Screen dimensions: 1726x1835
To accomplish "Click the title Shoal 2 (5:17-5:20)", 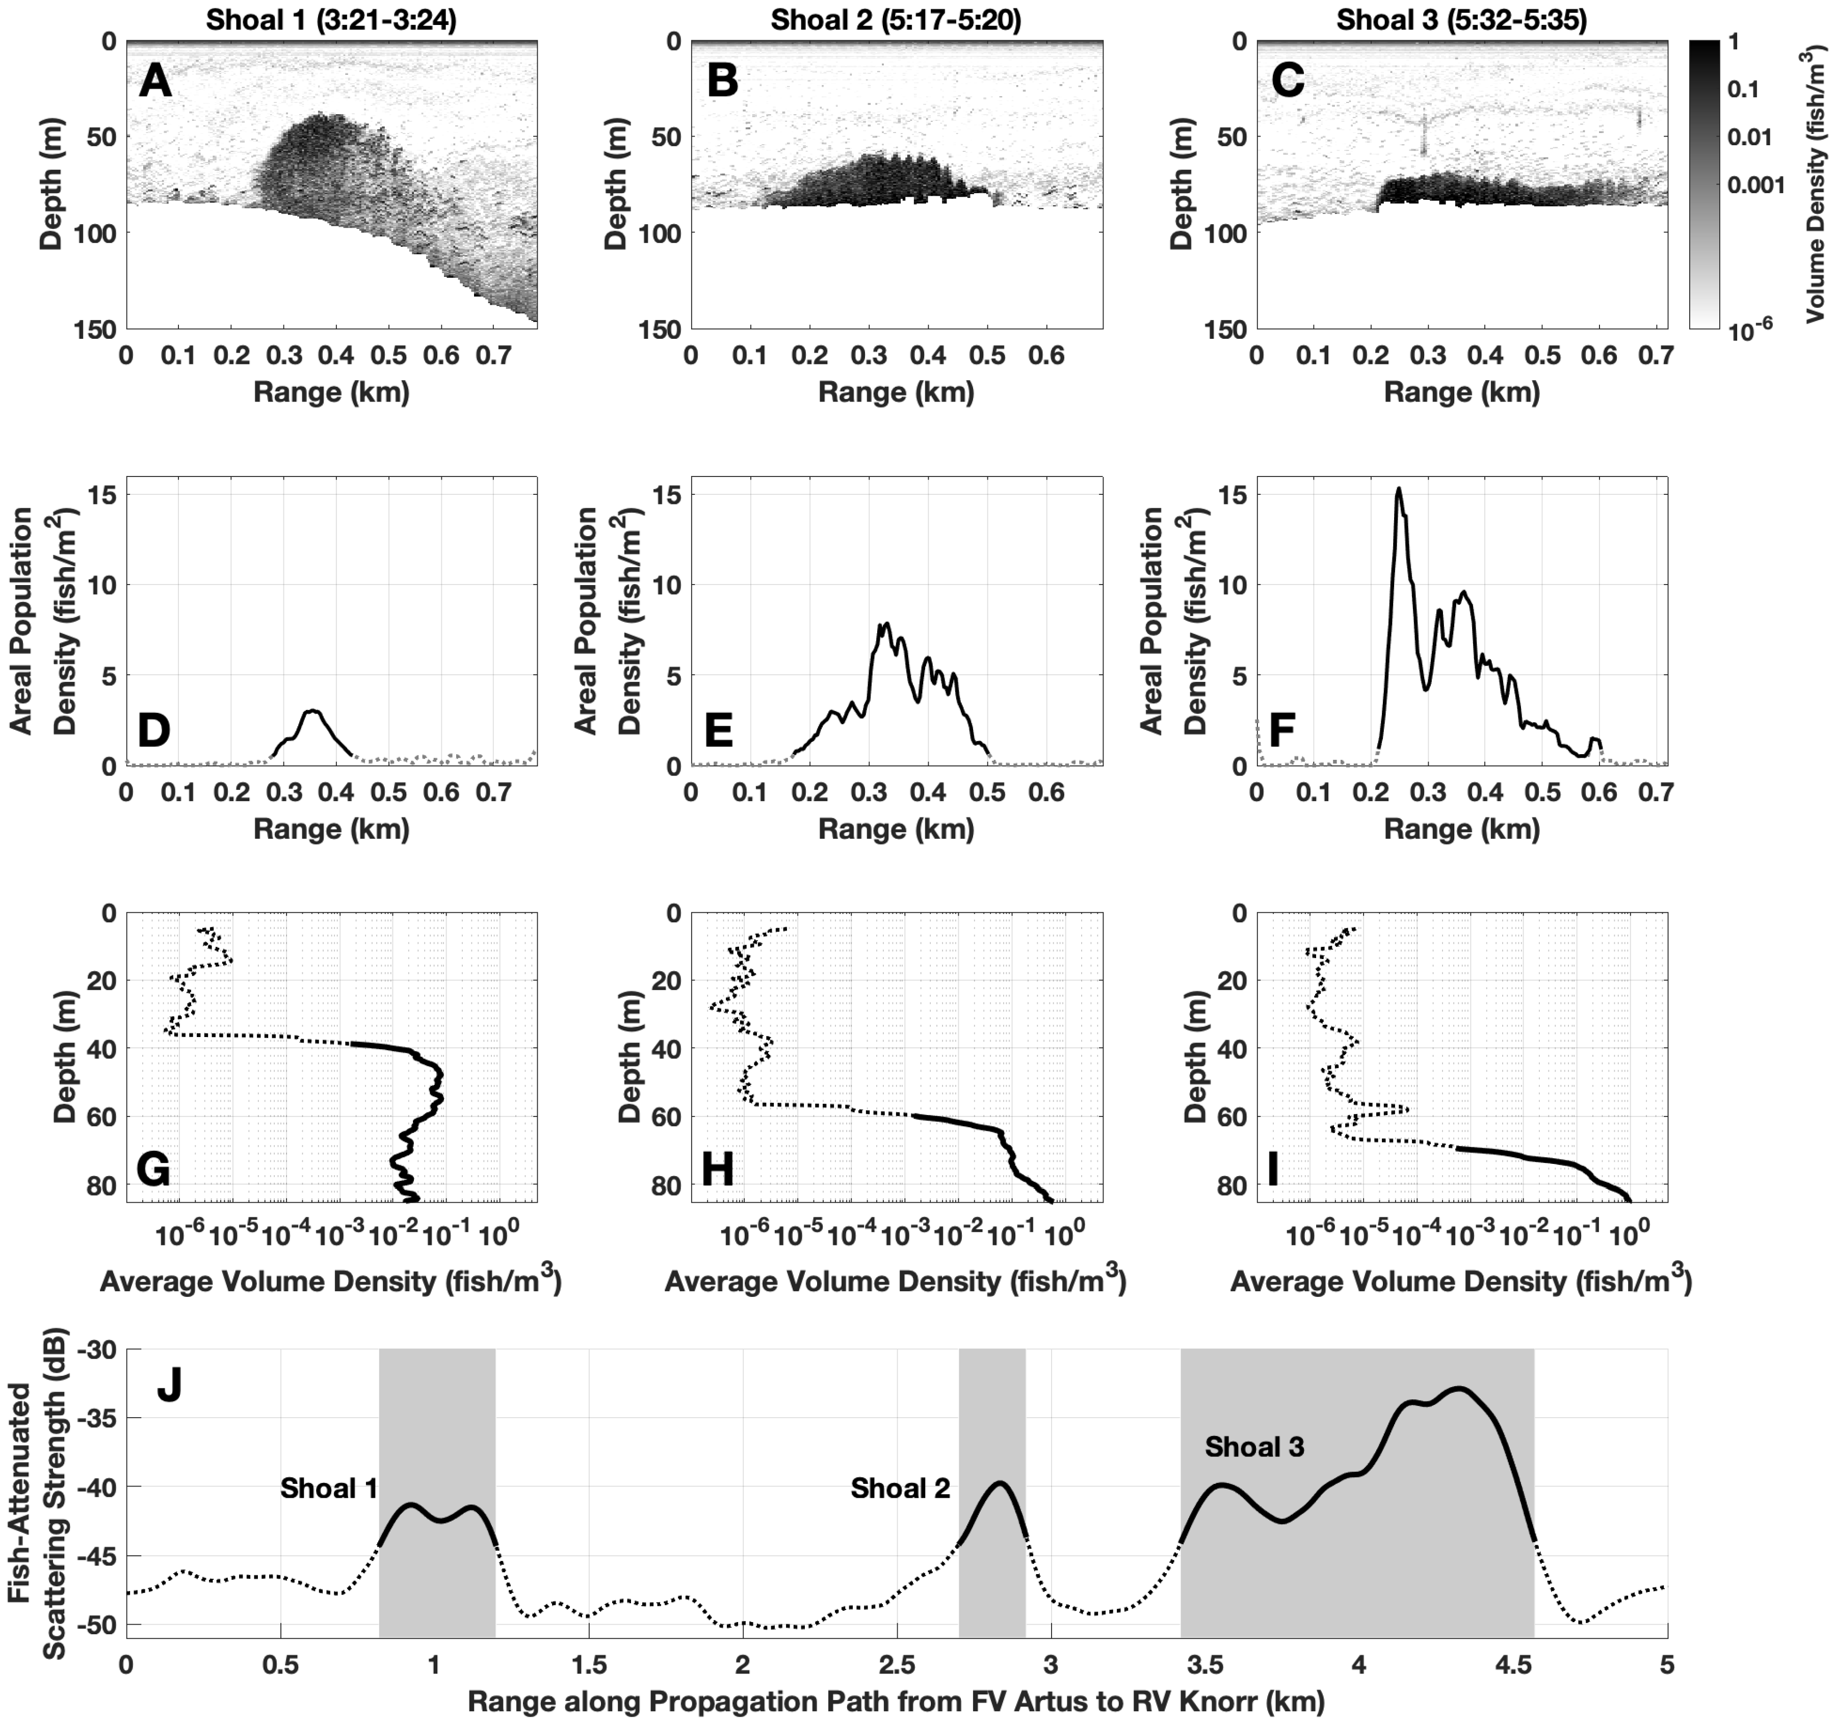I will [896, 19].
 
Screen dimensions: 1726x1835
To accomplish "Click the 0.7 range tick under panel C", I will [1658, 355].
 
